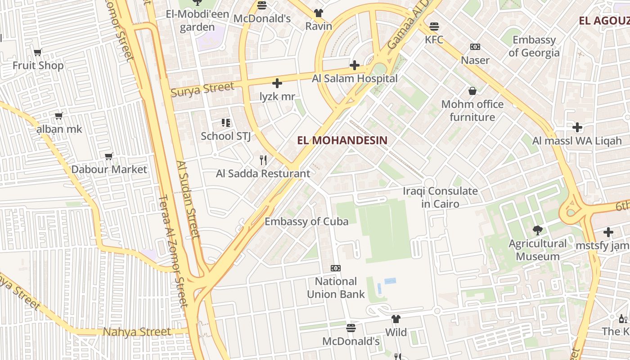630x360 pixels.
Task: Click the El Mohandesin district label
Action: click(342, 140)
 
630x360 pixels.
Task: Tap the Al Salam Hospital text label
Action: click(355, 79)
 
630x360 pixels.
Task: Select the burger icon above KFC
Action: click(434, 27)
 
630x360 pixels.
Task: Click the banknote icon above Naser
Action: click(475, 47)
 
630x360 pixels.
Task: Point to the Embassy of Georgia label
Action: click(534, 46)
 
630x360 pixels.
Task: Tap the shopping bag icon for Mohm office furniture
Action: click(472, 91)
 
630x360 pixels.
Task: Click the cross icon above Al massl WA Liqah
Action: click(577, 127)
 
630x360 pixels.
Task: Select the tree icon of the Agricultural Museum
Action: click(537, 230)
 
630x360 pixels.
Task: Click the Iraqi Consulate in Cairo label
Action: click(440, 198)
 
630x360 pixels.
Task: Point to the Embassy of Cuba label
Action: click(306, 221)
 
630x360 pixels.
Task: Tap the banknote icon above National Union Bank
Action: click(335, 268)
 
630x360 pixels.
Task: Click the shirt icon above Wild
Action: click(396, 319)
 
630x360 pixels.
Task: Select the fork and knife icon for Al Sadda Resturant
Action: click(263, 160)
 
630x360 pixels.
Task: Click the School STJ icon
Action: click(225, 122)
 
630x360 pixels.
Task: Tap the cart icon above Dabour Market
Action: click(109, 156)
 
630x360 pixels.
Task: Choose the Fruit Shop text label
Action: click(38, 66)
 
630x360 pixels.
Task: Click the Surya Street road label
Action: click(202, 89)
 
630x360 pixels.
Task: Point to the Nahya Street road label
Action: click(137, 332)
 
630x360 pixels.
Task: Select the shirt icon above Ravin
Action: click(319, 13)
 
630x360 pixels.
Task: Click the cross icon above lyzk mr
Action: click(277, 83)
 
